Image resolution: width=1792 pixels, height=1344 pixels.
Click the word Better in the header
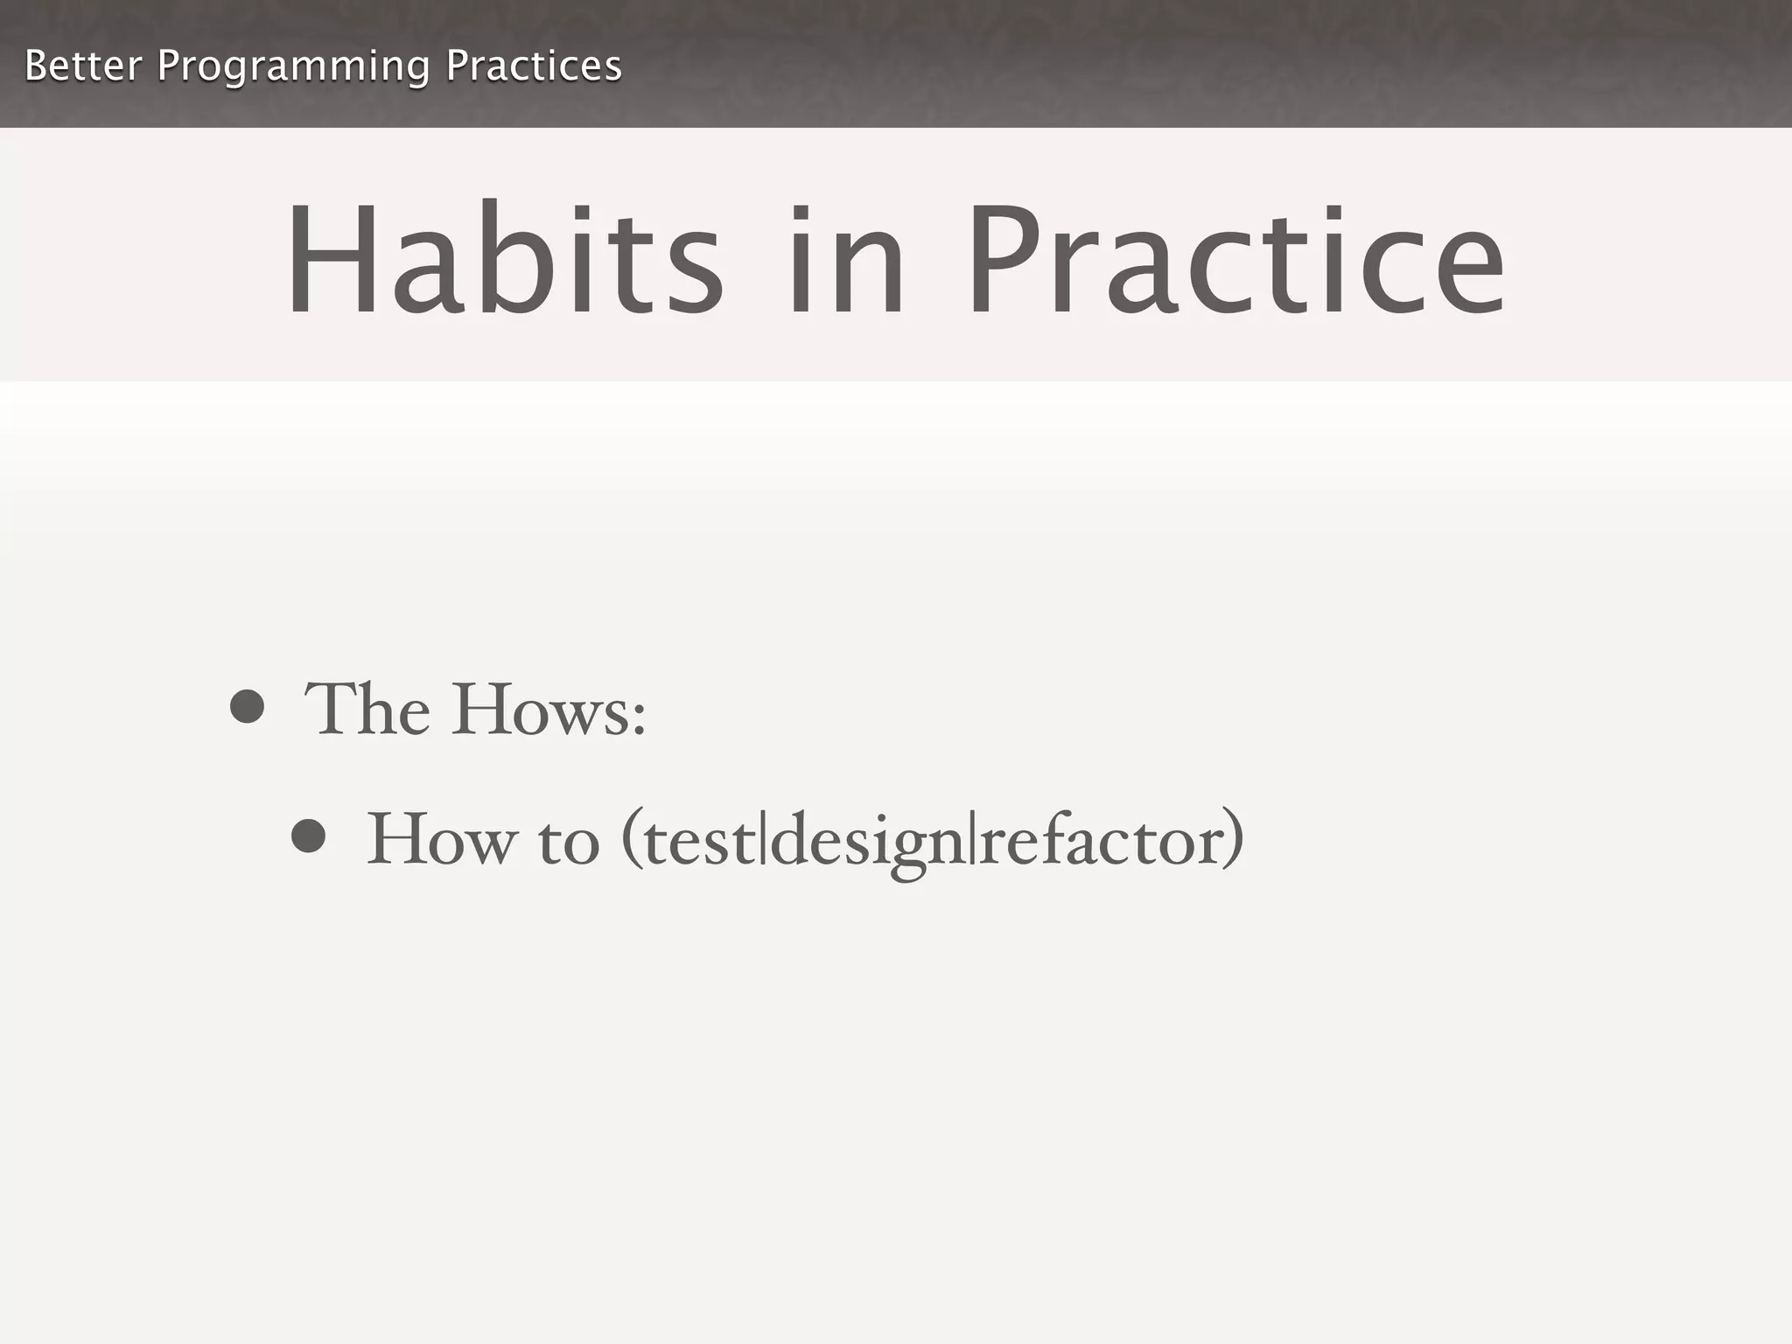click(x=82, y=66)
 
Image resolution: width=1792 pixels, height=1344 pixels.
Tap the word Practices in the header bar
click(x=534, y=66)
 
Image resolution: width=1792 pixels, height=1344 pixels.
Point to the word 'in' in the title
click(x=845, y=260)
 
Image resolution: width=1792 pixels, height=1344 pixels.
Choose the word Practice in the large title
click(x=1235, y=260)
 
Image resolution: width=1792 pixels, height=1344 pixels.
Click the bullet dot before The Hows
click(x=247, y=706)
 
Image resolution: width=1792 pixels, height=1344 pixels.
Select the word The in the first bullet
click(x=367, y=709)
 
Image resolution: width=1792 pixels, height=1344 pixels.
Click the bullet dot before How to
click(x=308, y=836)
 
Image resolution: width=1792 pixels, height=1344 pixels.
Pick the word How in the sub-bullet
click(x=441, y=839)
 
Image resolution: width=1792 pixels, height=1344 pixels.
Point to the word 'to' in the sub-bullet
click(x=569, y=842)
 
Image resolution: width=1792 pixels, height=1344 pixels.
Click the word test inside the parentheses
click(x=699, y=842)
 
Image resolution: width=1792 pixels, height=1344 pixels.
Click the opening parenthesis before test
click(x=631, y=840)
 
